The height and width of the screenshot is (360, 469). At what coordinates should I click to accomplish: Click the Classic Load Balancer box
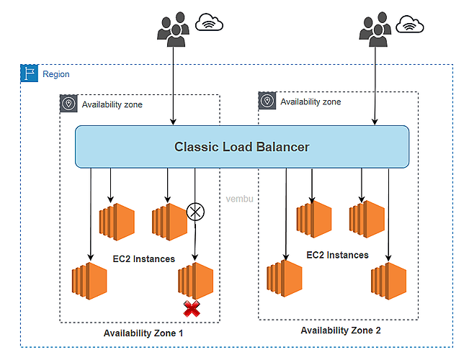242,147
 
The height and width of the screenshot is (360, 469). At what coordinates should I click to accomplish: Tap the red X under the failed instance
192,310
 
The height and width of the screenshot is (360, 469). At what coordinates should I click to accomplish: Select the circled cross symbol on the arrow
195,212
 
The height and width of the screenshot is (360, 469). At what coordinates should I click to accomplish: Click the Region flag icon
29,74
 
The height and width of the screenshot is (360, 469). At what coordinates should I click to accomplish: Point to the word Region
56,74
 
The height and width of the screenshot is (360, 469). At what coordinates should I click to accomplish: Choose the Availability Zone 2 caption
341,330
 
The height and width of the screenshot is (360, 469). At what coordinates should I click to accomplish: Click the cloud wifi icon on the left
208,24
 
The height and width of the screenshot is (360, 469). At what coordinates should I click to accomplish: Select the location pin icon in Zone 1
68,104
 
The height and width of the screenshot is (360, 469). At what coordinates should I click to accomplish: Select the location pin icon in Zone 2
267,102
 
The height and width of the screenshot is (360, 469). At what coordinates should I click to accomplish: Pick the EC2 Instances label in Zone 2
337,255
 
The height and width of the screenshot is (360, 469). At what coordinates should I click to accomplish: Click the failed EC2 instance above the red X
195,280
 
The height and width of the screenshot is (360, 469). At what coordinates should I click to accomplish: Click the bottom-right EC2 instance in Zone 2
389,280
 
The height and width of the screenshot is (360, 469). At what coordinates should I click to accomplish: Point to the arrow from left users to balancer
173,86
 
